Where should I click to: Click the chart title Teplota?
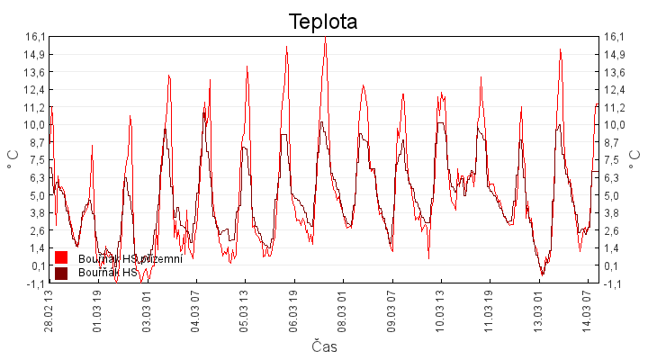[x=323, y=21]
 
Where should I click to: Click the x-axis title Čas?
[x=324, y=346]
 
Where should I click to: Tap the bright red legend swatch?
[x=61, y=259]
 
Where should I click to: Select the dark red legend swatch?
[x=61, y=273]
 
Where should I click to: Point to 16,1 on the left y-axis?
[x=35, y=37]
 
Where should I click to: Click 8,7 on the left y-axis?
[x=37, y=142]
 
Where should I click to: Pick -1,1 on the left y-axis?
[x=35, y=283]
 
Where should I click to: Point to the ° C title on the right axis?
[x=635, y=160]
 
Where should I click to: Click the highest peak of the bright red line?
[x=325, y=39]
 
